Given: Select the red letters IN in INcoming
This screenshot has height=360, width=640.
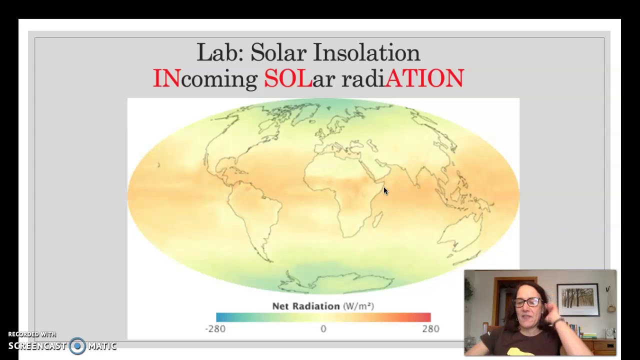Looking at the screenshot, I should coord(166,78).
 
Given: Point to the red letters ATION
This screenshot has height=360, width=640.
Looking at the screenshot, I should coord(424,78).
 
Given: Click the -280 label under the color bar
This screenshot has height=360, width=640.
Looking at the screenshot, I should coord(215,328).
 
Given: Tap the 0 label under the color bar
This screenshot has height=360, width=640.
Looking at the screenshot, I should coord(323,328).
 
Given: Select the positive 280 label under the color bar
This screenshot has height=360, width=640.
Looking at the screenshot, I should coord(430,328).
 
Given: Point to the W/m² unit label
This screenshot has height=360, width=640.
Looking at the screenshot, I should coord(358,306).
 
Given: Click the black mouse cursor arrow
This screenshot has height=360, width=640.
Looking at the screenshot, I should coord(385,191).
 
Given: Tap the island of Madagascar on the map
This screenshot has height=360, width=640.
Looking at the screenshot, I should coord(378,219).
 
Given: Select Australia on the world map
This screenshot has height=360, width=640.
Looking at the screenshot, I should coord(460,235).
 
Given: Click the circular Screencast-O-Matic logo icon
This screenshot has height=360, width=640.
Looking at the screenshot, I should coord(77,346).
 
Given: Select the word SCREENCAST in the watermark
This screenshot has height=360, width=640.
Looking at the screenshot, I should coord(37,346).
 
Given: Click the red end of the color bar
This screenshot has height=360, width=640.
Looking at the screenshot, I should coord(425,317).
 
